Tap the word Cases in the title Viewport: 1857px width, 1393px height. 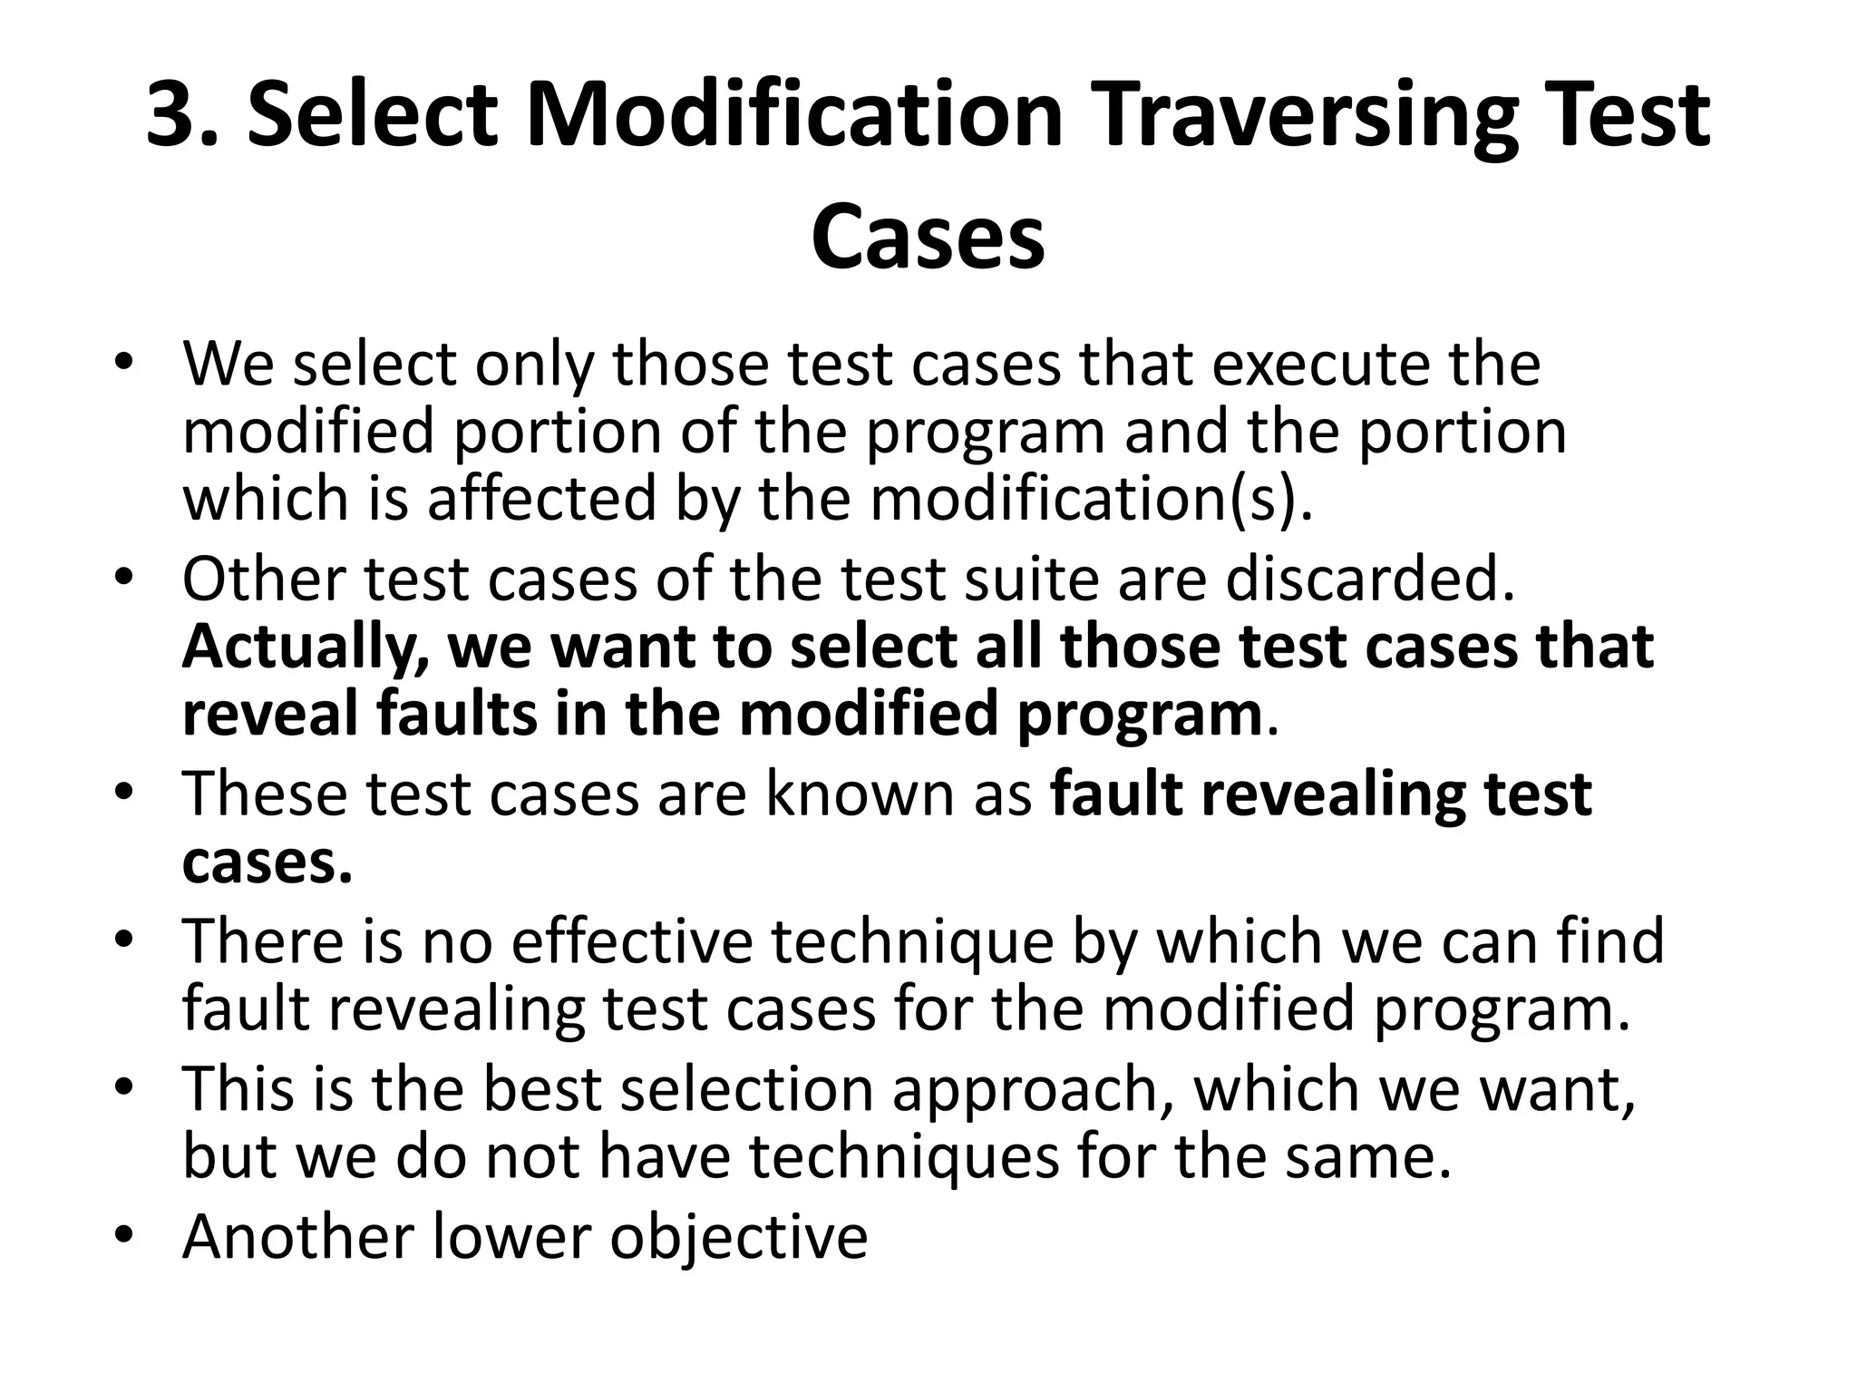pos(928,238)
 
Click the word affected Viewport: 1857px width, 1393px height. pos(541,499)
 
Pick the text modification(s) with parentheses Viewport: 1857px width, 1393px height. pos(1091,499)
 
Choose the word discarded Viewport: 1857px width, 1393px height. pos(1369,579)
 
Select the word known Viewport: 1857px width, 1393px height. pos(858,794)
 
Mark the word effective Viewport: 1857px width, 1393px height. pos(631,941)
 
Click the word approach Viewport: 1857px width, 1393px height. pos(1026,1089)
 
